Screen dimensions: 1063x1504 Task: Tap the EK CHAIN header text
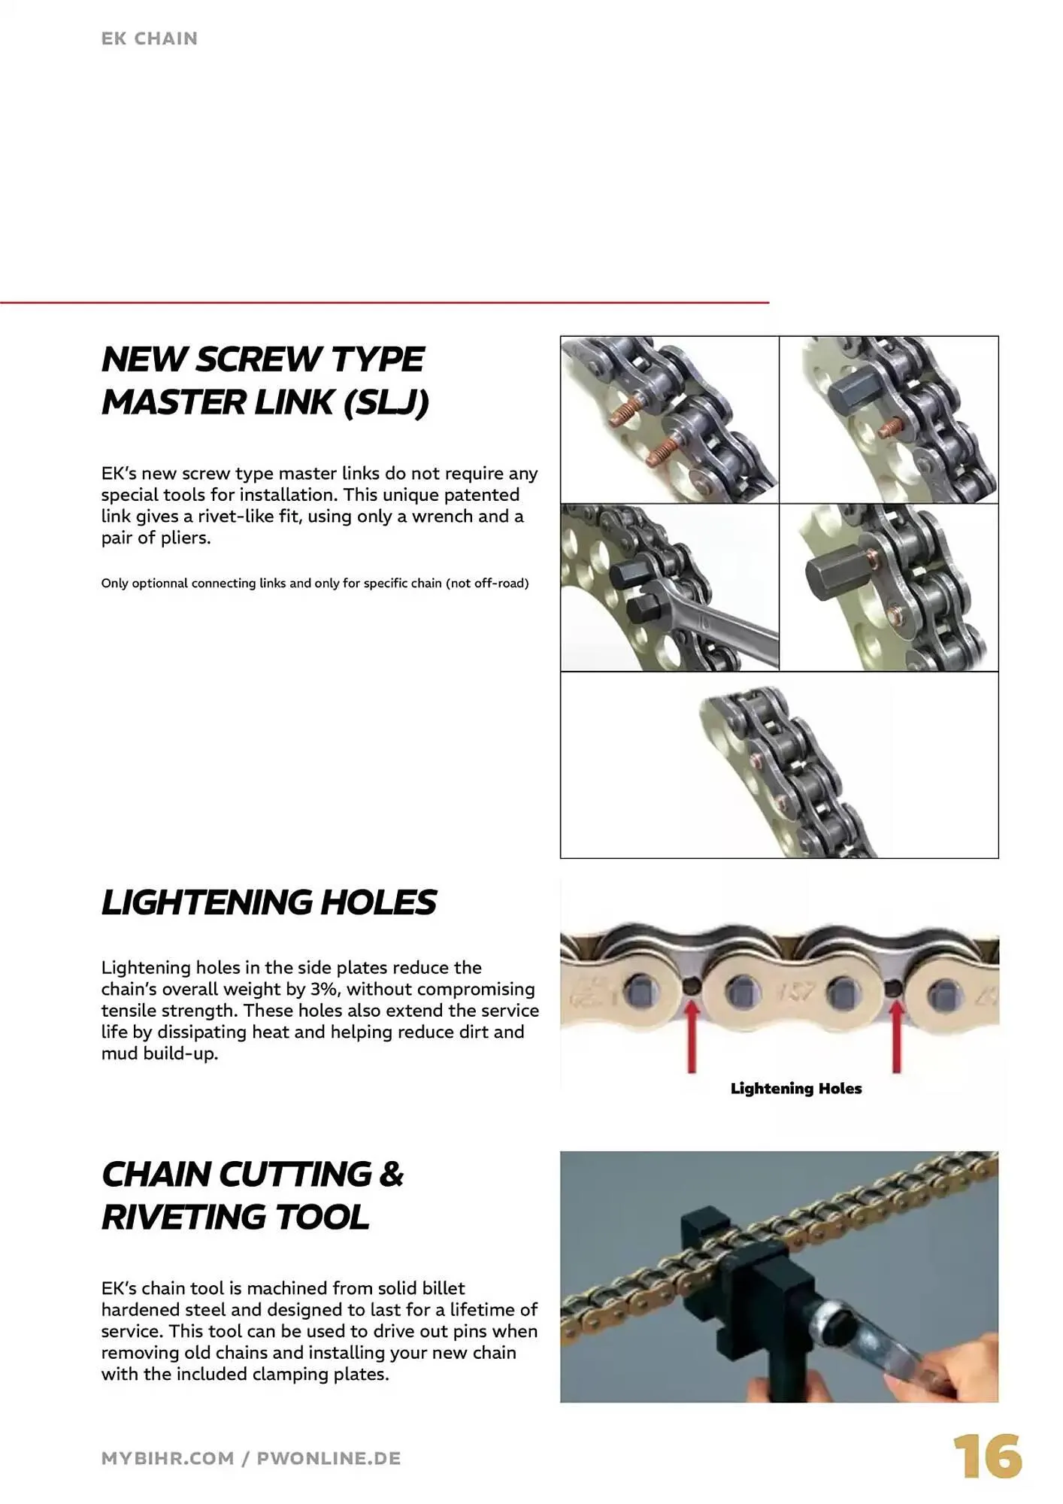point(150,38)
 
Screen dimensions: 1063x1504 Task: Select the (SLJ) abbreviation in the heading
point(386,402)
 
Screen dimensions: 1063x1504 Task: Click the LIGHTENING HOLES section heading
point(268,902)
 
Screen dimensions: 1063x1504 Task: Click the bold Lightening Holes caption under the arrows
point(796,1088)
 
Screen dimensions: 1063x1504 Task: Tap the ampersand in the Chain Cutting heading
point(391,1175)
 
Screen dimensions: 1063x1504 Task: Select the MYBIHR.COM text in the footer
point(168,1458)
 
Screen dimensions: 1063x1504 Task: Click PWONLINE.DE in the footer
point(329,1458)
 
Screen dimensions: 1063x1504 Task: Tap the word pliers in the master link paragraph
point(184,538)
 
